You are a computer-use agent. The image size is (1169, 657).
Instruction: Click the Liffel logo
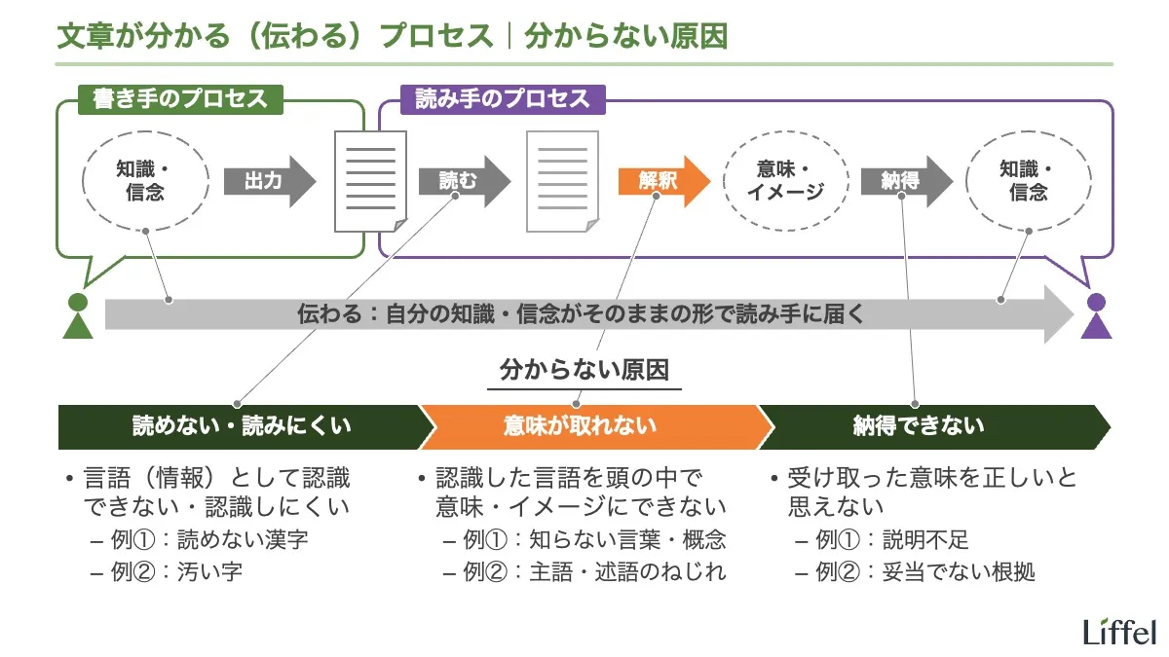[1119, 632]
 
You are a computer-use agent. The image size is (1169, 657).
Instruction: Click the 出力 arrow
[268, 181]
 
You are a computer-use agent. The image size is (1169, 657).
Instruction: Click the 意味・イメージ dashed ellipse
[785, 181]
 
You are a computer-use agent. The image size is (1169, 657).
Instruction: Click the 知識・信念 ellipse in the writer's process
[145, 181]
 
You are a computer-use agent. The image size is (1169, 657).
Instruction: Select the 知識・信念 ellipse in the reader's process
[1028, 181]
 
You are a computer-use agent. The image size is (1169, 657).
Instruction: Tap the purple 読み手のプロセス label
[503, 99]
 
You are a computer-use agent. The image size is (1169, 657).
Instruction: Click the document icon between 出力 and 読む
[370, 182]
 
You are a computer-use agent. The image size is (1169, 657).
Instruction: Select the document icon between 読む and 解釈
[562, 182]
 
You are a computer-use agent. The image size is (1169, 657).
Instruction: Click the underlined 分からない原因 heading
[584, 371]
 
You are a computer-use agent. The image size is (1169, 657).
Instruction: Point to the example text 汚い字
[216, 571]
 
